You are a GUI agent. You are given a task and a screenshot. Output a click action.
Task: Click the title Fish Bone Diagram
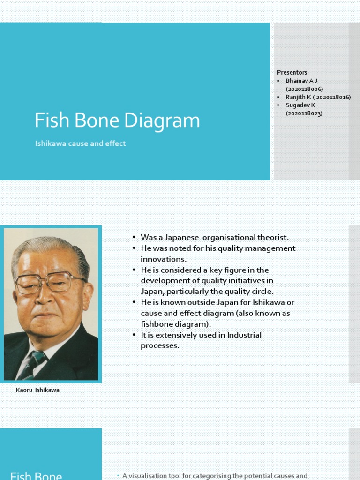click(x=117, y=121)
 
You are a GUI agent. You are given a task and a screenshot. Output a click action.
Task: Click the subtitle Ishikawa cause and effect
click(x=80, y=144)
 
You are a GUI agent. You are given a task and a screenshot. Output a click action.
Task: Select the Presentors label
click(x=292, y=73)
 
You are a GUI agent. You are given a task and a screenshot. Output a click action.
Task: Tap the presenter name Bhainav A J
click(x=301, y=81)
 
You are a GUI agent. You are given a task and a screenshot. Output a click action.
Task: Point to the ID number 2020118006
click(x=304, y=89)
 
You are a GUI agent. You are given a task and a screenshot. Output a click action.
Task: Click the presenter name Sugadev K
click(x=300, y=105)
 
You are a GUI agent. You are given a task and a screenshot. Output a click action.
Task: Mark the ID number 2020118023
click(x=304, y=113)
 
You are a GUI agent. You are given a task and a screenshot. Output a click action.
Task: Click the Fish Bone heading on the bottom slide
click(x=36, y=476)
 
